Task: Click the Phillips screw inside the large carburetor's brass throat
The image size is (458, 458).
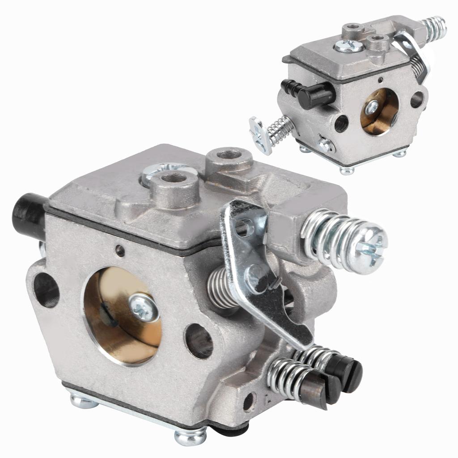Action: pyautogui.click(x=144, y=308)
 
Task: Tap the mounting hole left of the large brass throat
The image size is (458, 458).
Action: pyautogui.click(x=46, y=290)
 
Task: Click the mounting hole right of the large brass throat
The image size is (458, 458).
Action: pyautogui.click(x=199, y=341)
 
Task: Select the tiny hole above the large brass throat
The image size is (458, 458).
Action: pyautogui.click(x=120, y=250)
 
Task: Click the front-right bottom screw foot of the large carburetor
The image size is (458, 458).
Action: pyautogui.click(x=191, y=436)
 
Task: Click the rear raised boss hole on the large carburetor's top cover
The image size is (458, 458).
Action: pyautogui.click(x=229, y=155)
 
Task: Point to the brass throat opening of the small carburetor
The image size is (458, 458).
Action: pyautogui.click(x=379, y=111)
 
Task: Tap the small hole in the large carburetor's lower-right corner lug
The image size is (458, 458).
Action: pyautogui.click(x=249, y=401)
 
